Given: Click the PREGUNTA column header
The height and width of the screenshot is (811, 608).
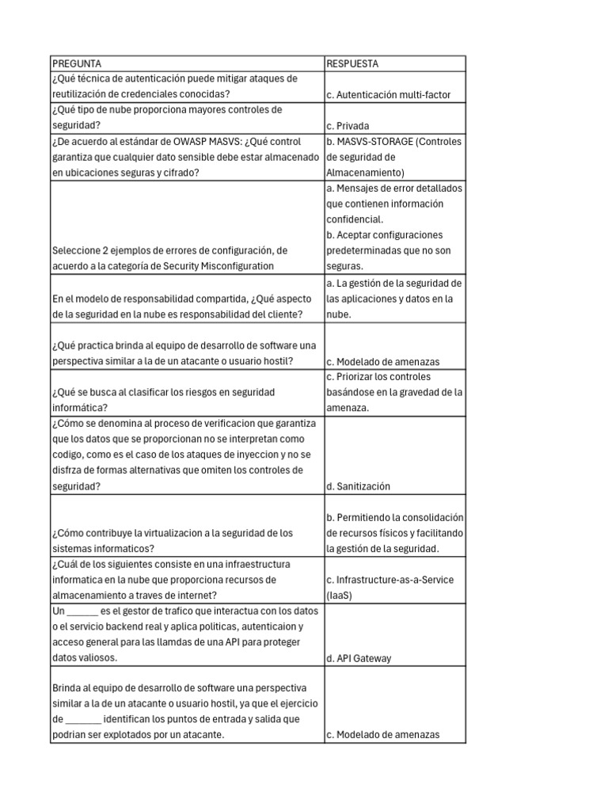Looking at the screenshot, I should pyautogui.click(x=77, y=63).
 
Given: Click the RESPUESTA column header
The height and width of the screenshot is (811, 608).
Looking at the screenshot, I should pyautogui.click(x=352, y=63).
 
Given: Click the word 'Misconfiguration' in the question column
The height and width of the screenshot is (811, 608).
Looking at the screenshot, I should pyautogui.click(x=236, y=265).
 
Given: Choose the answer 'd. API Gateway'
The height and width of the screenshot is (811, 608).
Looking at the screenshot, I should pyautogui.click(x=359, y=657).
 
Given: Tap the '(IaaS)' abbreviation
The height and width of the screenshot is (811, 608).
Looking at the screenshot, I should pyautogui.click(x=340, y=595).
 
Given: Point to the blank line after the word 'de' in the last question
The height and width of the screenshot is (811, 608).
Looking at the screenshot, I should pyautogui.click(x=83, y=719).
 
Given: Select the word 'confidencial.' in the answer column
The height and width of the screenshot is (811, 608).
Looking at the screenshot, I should pyautogui.click(x=355, y=219).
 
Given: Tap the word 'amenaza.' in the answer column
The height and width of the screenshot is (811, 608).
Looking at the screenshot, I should pyautogui.click(x=347, y=407).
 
